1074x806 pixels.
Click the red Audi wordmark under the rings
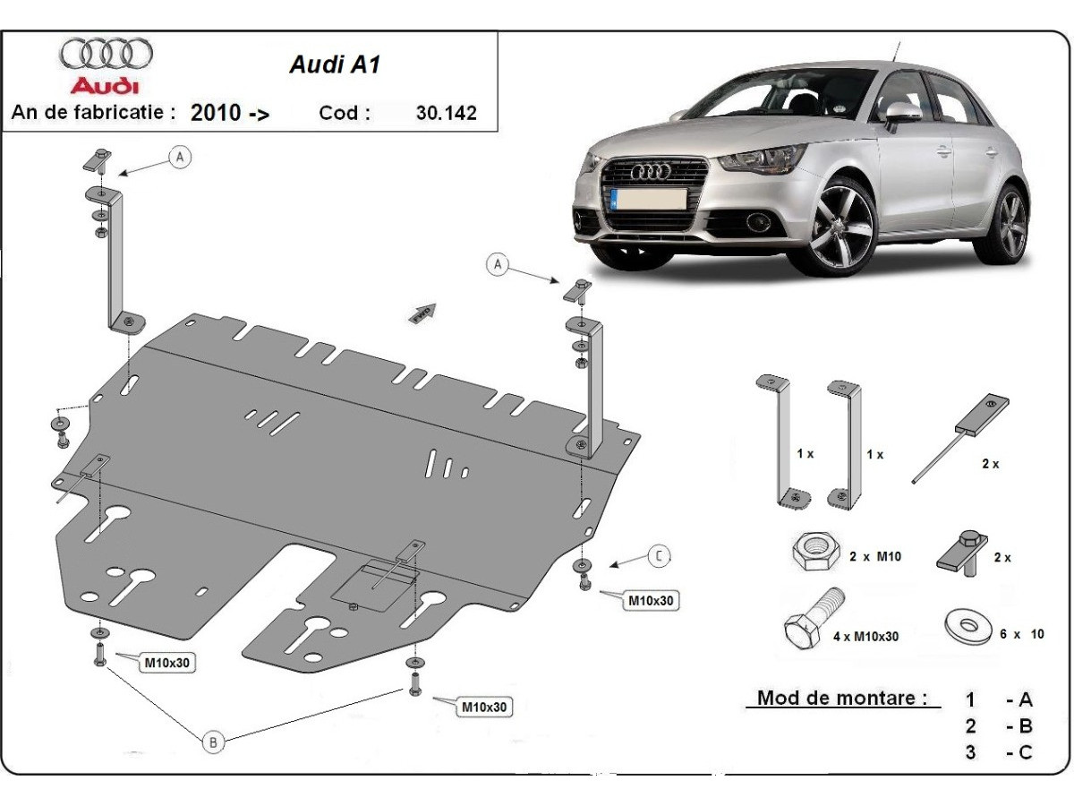click(x=106, y=86)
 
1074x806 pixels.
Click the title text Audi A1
click(x=335, y=65)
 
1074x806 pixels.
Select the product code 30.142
click(x=447, y=113)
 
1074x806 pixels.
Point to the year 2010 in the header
click(x=216, y=113)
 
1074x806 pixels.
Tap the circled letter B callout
click(x=213, y=742)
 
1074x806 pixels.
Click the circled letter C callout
click(x=659, y=556)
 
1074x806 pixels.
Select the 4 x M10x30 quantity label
click(x=865, y=636)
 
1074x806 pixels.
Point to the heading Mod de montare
click(x=841, y=698)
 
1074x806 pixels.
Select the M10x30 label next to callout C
click(x=651, y=601)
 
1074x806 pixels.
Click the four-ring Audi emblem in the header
click(x=106, y=55)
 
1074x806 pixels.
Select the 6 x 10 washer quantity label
click(x=1021, y=634)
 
